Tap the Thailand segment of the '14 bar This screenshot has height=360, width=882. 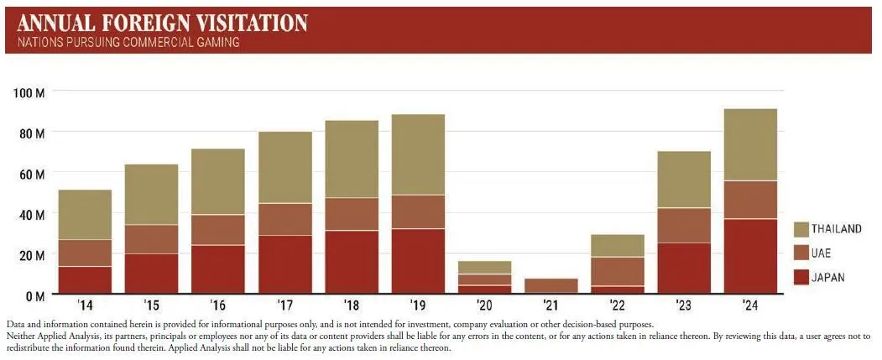tap(85, 215)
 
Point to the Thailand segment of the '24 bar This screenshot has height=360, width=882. tap(749, 144)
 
